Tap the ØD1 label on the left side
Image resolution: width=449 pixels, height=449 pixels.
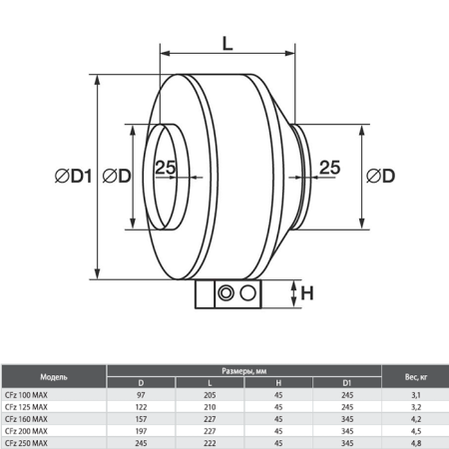[75, 177]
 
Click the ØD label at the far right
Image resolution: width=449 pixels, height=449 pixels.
[380, 177]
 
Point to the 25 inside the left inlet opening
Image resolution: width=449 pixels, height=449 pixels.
[166, 169]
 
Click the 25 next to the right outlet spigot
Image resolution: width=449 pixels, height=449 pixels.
[329, 169]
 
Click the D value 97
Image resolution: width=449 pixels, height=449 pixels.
[139, 395]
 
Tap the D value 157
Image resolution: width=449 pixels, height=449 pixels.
[139, 419]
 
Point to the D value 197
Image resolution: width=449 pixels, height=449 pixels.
[139, 431]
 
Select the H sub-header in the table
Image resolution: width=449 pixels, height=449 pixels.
[277, 384]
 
